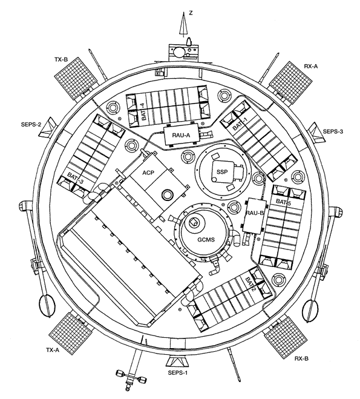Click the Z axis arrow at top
(x=183, y=25)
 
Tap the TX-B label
(x=61, y=59)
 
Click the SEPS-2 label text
(x=30, y=125)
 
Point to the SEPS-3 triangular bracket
(x=316, y=132)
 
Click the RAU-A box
(x=181, y=135)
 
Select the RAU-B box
(x=254, y=215)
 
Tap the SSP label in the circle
(x=222, y=172)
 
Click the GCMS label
(x=206, y=239)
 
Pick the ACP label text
(x=148, y=173)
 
